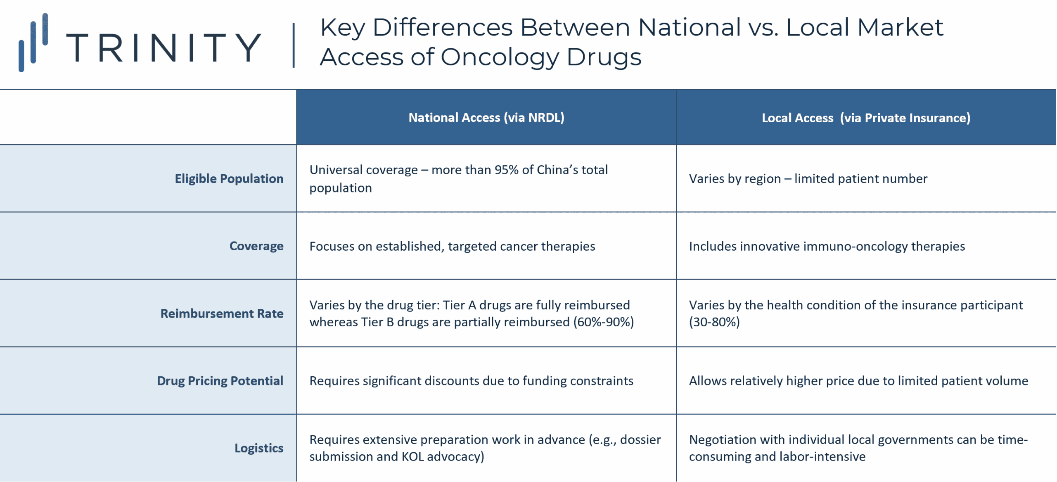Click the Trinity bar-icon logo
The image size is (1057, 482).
[x=33, y=43]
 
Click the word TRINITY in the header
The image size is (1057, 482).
[x=164, y=48]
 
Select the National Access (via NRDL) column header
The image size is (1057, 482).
[x=486, y=118]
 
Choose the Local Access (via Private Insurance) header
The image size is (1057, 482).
[x=866, y=118]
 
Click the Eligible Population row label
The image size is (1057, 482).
[x=229, y=179]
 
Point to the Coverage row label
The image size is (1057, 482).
[x=256, y=246]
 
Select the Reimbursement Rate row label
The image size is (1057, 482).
[x=222, y=313]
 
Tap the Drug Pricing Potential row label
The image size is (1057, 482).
[x=220, y=381]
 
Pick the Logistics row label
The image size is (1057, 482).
[x=259, y=448]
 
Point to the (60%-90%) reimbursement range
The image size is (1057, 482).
[x=603, y=322]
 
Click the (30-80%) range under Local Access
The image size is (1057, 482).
[x=714, y=322]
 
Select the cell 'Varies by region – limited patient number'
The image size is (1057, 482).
[x=808, y=179]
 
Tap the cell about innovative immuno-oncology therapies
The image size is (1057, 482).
[x=827, y=246]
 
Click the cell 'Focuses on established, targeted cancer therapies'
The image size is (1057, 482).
[x=452, y=246]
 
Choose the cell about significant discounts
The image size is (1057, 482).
[x=471, y=381]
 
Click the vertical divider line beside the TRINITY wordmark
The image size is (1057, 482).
[x=294, y=45]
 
